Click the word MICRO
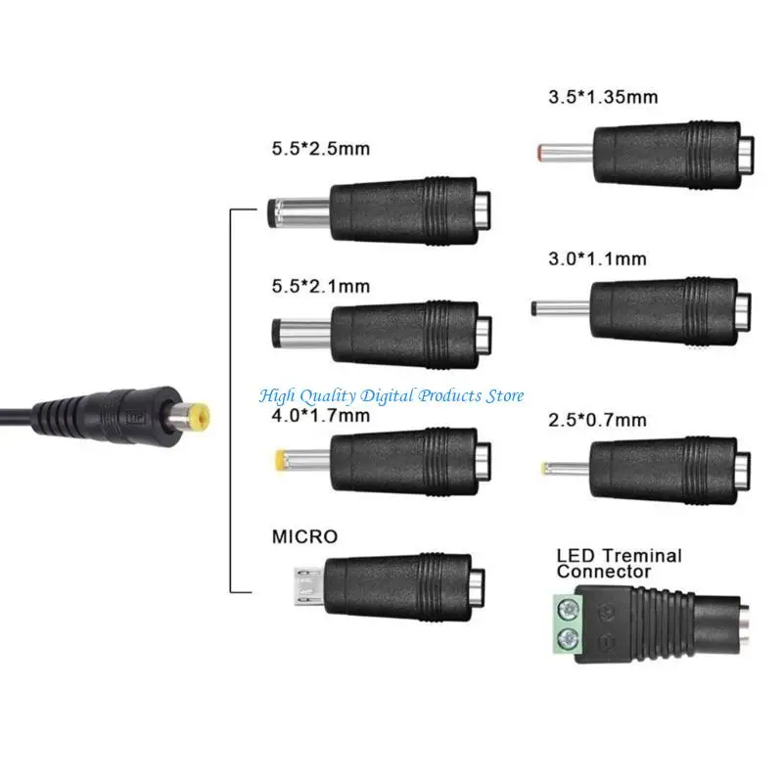tap(304, 536)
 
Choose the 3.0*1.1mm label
tap(597, 258)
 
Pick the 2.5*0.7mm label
tap(597, 420)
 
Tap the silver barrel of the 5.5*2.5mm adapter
tap(299, 210)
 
